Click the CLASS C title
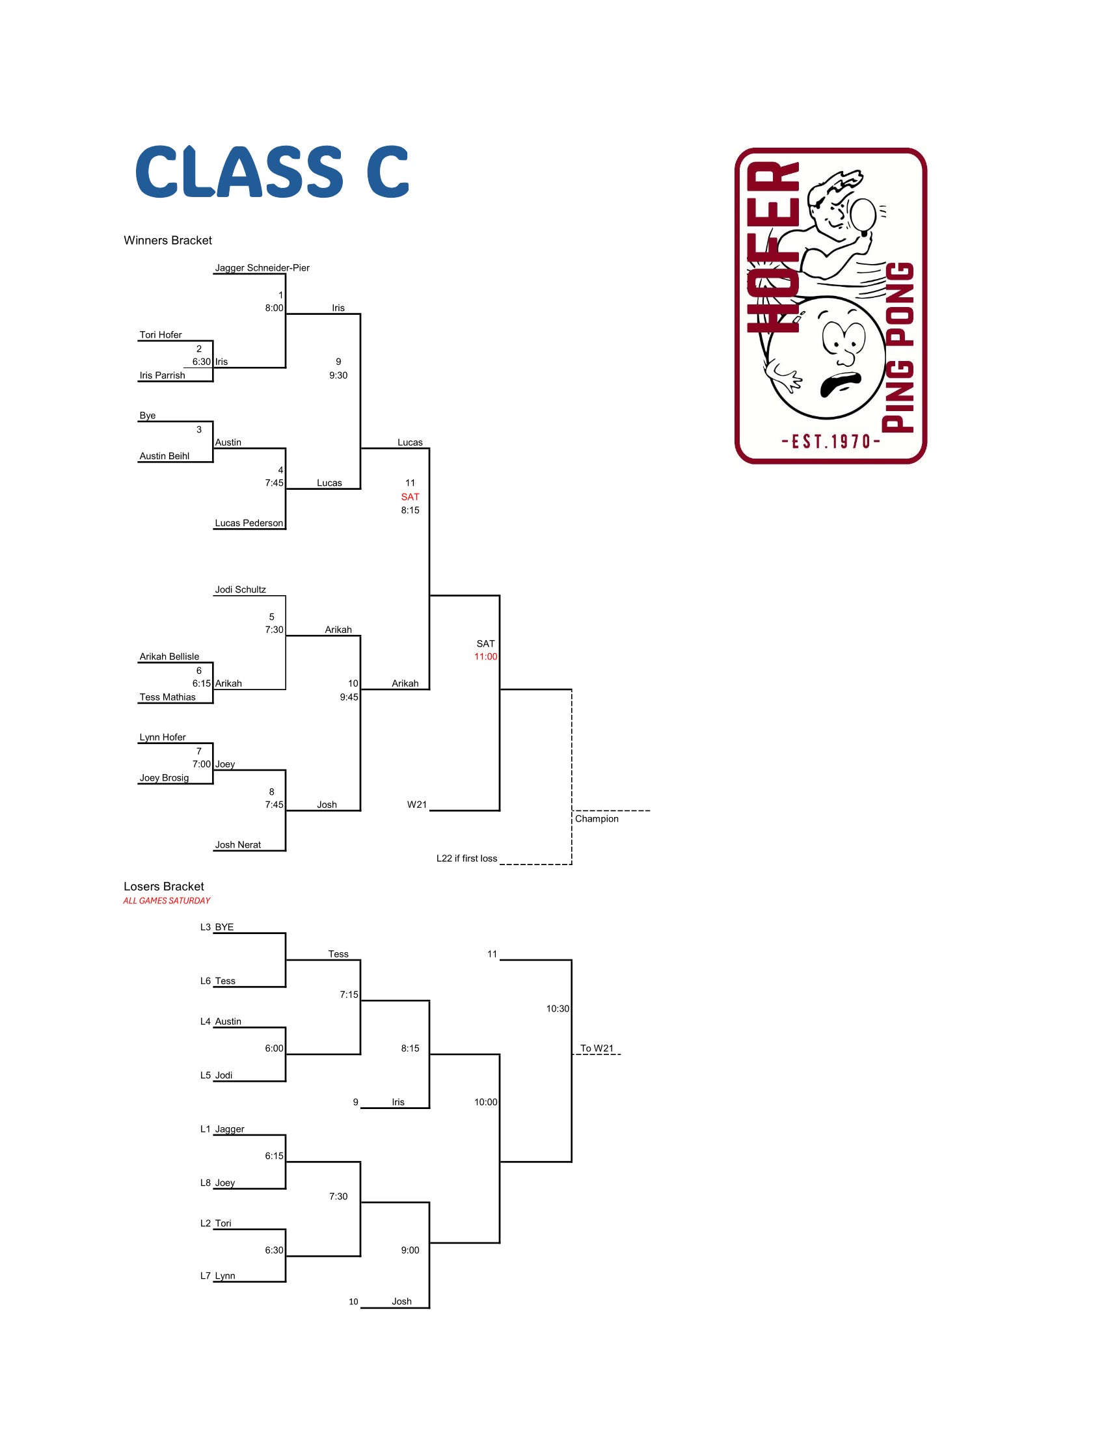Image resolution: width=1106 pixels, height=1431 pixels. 272,172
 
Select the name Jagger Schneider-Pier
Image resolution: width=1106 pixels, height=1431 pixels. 262,267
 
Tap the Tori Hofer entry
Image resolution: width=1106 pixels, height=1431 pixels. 161,335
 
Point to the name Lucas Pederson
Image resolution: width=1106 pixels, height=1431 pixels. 249,523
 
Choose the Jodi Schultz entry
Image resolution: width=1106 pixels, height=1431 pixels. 241,590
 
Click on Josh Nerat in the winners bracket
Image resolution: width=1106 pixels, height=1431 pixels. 238,844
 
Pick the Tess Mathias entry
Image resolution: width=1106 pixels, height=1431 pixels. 167,697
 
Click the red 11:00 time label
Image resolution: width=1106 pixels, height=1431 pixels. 485,656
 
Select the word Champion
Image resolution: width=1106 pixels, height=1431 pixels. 596,818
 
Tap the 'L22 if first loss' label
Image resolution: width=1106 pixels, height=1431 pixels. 466,859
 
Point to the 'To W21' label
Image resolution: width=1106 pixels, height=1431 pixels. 597,1049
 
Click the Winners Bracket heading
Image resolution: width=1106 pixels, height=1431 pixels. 168,241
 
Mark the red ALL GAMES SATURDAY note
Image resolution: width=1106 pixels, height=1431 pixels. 167,901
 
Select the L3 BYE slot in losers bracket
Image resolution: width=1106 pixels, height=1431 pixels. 217,927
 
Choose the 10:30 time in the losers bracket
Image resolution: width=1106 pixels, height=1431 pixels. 558,1008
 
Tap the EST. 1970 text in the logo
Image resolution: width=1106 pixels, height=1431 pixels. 830,442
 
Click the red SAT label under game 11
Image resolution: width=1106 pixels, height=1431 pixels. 410,497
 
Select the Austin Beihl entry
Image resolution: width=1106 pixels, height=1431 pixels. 164,456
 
